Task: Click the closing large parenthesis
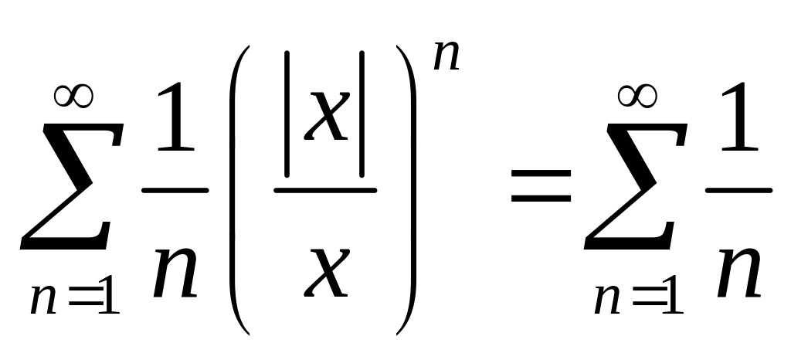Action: tap(407, 189)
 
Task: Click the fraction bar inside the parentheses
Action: tap(325, 189)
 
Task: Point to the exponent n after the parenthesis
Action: tap(446, 58)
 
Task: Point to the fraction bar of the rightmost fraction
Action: tap(739, 189)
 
